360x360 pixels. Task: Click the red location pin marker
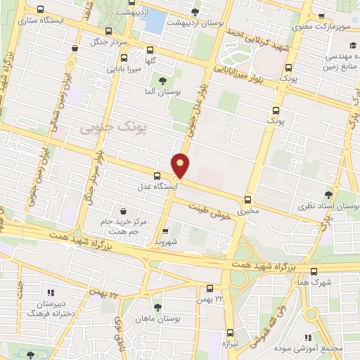(181, 165)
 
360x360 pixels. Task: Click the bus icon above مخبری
(247, 199)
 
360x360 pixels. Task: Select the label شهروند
(166, 241)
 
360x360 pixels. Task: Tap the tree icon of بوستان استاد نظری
(328, 194)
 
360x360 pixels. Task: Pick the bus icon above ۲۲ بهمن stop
(210, 288)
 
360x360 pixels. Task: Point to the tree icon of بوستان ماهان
(157, 307)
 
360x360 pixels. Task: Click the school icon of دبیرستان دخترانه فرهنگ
(50, 292)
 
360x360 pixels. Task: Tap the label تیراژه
(231, 344)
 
